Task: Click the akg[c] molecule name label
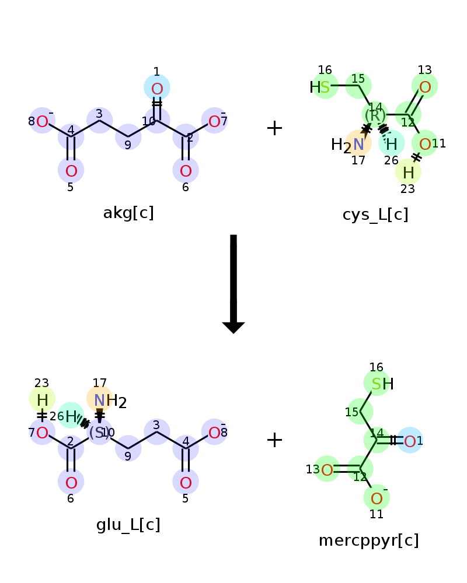point(128,213)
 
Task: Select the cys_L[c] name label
point(375,215)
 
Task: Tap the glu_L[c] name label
point(128,525)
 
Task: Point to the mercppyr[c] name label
point(368,540)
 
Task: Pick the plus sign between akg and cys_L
point(274,128)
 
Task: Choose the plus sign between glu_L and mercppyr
point(274,440)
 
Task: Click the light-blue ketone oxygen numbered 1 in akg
point(157,89)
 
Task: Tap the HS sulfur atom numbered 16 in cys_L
point(325,87)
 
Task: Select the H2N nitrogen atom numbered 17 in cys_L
point(358,143)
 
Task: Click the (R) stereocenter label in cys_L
point(375,115)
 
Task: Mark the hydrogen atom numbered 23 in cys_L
point(408,172)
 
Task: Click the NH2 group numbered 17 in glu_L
point(100,401)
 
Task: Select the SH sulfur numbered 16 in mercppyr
point(377,384)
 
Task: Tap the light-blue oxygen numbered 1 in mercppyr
point(410,441)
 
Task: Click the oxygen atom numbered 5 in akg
point(71,171)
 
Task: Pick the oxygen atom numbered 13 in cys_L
point(425,87)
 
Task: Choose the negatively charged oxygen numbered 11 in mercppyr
point(377,498)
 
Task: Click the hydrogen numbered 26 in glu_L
point(71,416)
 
